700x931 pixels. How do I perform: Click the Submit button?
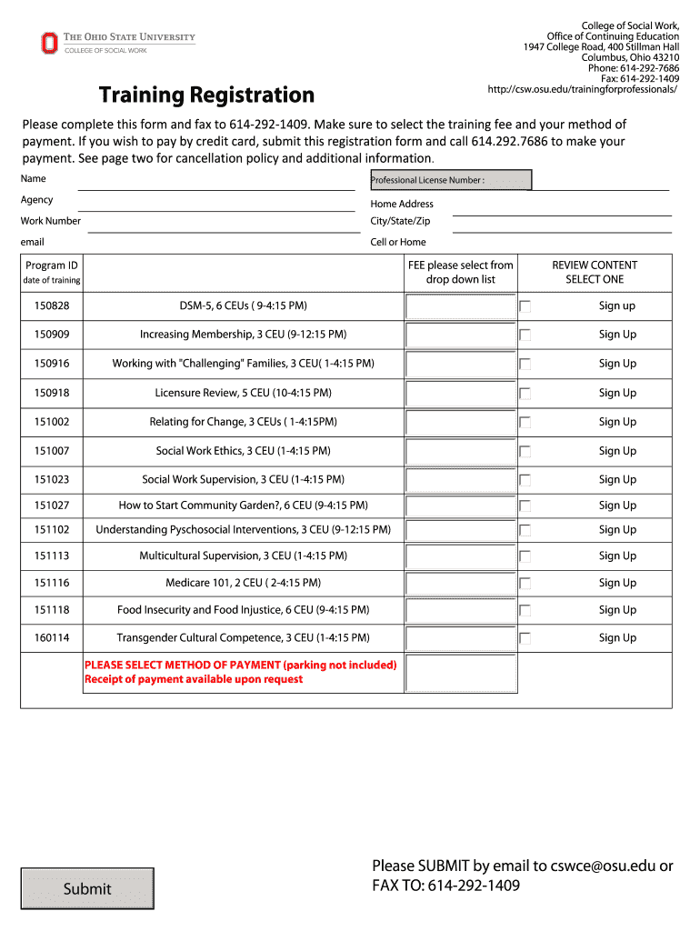coord(87,888)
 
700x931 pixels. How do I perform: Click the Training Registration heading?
coord(206,95)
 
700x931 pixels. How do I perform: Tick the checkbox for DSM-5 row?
coord(525,306)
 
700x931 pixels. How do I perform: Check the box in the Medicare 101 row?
coord(525,584)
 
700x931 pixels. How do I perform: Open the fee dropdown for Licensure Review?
coord(461,393)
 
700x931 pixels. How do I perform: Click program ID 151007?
coord(52,451)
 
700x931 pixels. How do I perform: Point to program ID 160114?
coord(52,638)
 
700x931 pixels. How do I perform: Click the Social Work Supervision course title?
coord(243,479)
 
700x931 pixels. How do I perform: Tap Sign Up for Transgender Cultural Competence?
coord(616,638)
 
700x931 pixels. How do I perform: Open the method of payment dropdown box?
coord(461,674)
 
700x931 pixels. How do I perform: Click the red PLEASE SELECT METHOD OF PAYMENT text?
coord(240,666)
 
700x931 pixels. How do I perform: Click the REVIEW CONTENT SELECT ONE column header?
coord(595,272)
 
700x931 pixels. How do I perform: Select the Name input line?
coord(216,181)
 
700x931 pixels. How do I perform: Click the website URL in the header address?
coord(583,89)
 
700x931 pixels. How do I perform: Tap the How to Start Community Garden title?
coord(243,506)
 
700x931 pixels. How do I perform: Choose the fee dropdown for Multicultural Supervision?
coord(461,556)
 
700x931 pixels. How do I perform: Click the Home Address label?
coord(402,205)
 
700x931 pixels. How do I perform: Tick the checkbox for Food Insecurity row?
coord(525,611)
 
